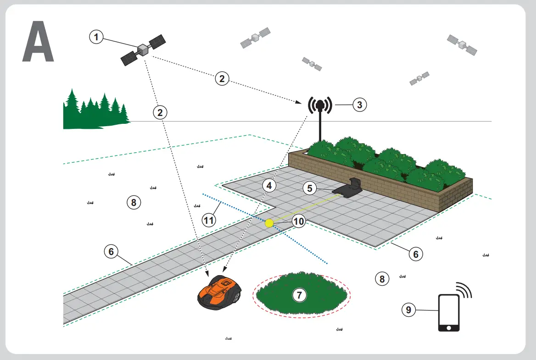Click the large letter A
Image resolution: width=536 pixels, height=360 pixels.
pyautogui.click(x=38, y=42)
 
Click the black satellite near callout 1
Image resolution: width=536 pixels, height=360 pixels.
pyautogui.click(x=143, y=50)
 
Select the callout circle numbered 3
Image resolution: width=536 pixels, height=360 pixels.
pyautogui.click(x=359, y=105)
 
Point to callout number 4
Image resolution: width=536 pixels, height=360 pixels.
pyautogui.click(x=270, y=186)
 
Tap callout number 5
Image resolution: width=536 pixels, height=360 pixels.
pyautogui.click(x=310, y=188)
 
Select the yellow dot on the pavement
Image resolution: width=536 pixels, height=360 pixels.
pyautogui.click(x=269, y=223)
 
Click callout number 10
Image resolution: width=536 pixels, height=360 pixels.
pyautogui.click(x=299, y=222)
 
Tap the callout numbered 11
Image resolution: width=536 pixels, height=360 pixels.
pyautogui.click(x=209, y=220)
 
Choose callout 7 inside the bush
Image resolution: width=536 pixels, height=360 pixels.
pyautogui.click(x=300, y=295)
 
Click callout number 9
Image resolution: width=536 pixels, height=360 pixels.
pyautogui.click(x=408, y=310)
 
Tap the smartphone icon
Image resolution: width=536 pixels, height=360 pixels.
pyautogui.click(x=449, y=313)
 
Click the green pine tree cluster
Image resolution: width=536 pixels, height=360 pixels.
pyautogui.click(x=95, y=111)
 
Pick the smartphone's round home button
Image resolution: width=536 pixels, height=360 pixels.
pyautogui.click(x=449, y=327)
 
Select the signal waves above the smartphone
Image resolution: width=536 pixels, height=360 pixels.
pyautogui.click(x=463, y=290)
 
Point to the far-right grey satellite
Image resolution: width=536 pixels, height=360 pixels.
pyautogui.click(x=462, y=45)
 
